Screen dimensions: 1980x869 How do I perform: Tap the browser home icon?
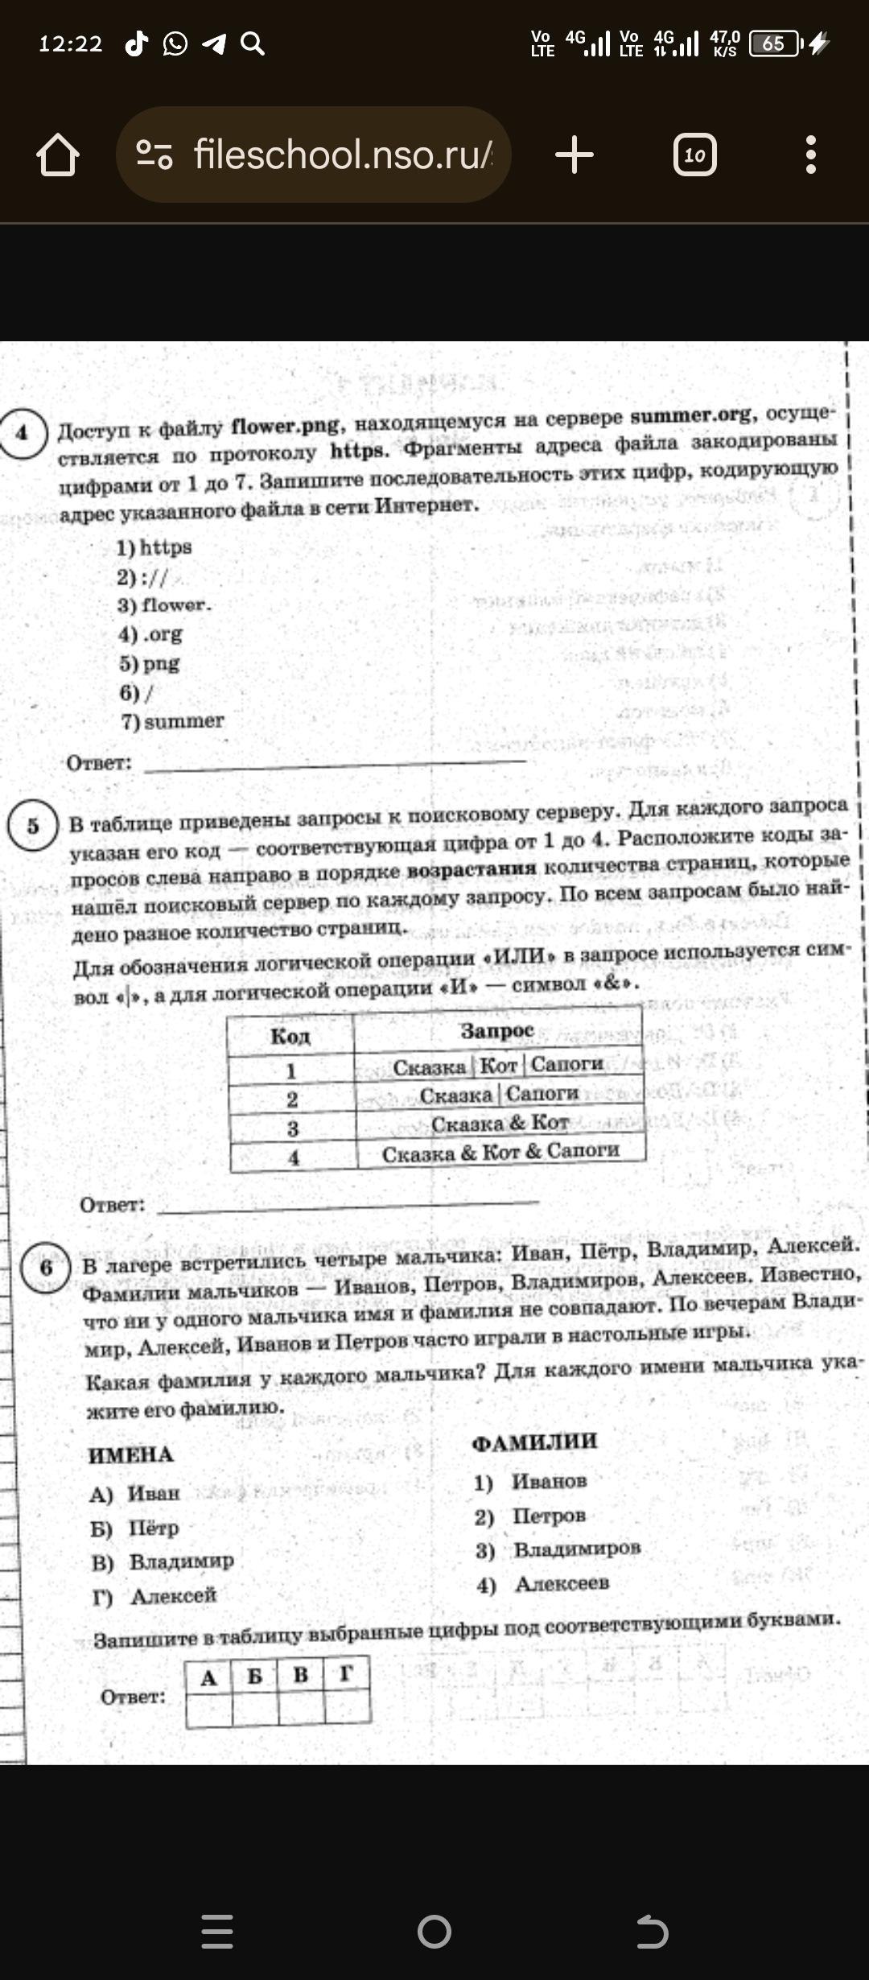(58, 155)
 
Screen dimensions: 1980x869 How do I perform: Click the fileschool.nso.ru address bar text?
(343, 154)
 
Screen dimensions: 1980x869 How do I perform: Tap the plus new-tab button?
(575, 155)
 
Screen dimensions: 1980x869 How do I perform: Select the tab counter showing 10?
(694, 155)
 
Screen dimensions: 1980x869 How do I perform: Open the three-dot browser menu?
(810, 155)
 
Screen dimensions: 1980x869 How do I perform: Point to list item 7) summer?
(173, 722)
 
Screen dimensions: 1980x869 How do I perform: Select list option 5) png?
(150, 663)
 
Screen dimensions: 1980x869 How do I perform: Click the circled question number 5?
(33, 826)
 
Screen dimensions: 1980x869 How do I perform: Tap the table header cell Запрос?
(497, 1030)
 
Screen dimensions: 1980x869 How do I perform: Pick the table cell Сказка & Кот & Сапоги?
(500, 1152)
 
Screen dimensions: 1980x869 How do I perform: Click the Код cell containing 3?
(293, 1128)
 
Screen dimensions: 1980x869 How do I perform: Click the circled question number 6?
(46, 1268)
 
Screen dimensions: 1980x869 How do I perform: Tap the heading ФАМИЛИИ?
(534, 1442)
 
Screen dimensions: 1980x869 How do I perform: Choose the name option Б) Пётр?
(135, 1528)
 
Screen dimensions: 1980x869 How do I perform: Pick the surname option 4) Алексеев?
(543, 1584)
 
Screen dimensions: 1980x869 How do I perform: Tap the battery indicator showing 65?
(774, 43)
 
